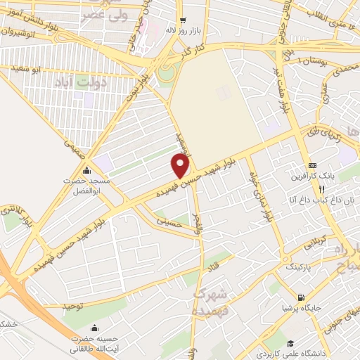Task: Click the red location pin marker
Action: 181,166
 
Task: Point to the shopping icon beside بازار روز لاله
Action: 183,21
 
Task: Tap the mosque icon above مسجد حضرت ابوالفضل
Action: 86,170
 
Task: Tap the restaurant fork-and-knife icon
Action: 321,188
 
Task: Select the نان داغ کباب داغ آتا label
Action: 309,200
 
